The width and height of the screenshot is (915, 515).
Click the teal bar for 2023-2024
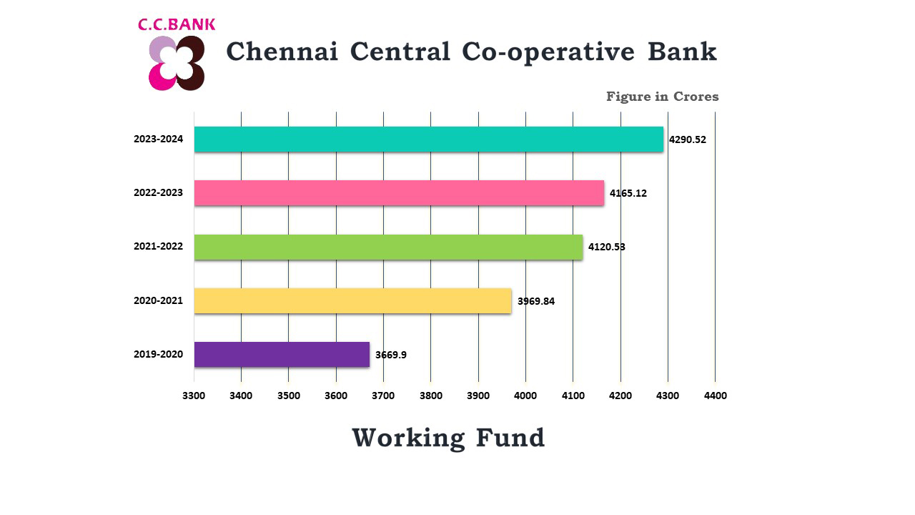point(429,139)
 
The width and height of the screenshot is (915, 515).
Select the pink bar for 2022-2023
point(399,193)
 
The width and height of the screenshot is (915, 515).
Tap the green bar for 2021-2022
point(388,247)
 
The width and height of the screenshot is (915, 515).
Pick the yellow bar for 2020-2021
point(352,301)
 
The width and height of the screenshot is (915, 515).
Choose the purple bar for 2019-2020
point(282,355)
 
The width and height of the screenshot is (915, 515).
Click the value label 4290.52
point(688,139)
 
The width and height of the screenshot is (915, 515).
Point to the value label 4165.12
point(628,193)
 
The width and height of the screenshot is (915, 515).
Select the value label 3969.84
point(536,301)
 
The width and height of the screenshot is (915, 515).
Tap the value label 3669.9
point(391,355)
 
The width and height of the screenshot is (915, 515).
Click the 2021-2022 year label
point(158,247)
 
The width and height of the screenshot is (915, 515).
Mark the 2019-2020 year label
point(158,355)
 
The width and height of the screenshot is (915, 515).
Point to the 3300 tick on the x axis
point(194,396)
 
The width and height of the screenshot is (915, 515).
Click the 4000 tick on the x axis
point(525,396)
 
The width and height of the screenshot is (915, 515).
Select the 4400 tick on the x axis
point(715,396)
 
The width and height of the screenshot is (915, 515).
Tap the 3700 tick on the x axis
point(383,396)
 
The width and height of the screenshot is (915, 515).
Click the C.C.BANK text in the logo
point(177,25)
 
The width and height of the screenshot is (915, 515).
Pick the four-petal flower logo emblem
point(177,63)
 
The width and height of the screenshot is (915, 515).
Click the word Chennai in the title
point(282,51)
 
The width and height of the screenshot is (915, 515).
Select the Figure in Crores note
point(662,97)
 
